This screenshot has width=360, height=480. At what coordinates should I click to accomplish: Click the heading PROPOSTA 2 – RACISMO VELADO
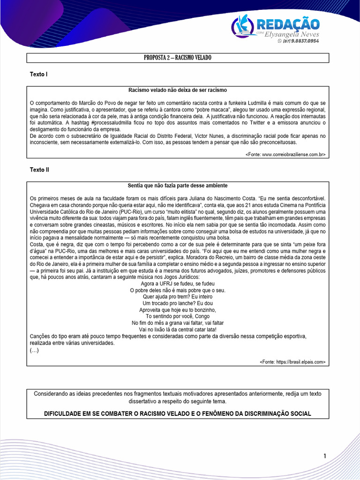[178, 58]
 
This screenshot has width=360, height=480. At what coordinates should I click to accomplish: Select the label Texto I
[38, 75]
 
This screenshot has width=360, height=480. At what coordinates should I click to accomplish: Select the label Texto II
[39, 170]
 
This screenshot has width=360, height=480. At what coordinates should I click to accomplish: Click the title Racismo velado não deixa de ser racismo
[178, 90]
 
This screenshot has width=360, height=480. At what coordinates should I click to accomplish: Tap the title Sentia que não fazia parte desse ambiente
[178, 186]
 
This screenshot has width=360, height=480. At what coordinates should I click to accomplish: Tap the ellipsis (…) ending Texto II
[34, 350]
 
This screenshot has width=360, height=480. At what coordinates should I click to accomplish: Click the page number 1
[324, 456]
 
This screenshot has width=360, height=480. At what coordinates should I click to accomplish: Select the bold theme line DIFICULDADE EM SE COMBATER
[178, 413]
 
